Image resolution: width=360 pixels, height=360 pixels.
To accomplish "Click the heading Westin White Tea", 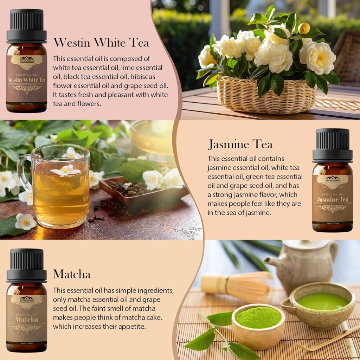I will (x=101, y=43).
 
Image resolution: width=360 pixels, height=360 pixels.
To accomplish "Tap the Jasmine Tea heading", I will (x=240, y=144).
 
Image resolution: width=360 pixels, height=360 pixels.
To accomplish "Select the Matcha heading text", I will (x=72, y=274).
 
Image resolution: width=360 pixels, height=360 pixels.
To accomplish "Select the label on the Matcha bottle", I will (x=26, y=318).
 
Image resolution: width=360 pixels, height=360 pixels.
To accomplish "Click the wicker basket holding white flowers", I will (x=266, y=95).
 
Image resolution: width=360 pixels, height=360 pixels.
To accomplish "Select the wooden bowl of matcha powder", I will (x=258, y=325).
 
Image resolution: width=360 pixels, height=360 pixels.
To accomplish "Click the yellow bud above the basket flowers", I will (x=304, y=28).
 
